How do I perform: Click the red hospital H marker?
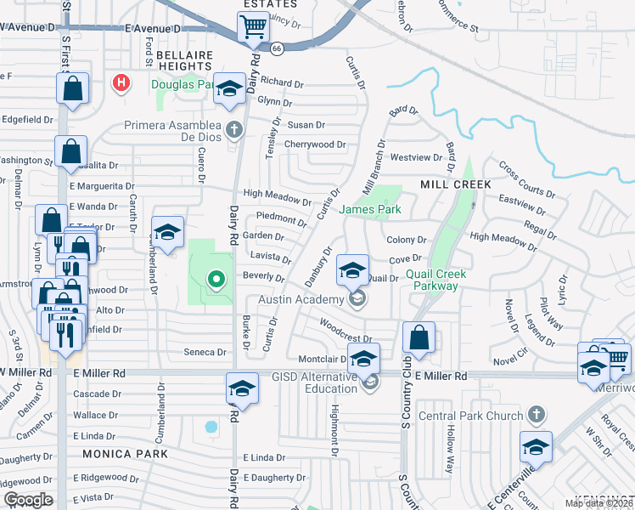click(x=121, y=83)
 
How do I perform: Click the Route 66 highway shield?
click(x=277, y=49)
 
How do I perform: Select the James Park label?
click(x=370, y=209)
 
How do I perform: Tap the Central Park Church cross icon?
click(x=534, y=415)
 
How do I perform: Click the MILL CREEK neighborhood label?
click(x=455, y=184)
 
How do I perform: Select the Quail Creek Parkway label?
click(x=443, y=280)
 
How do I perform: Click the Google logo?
click(x=29, y=500)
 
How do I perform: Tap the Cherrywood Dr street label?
click(x=316, y=144)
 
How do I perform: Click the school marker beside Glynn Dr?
click(x=228, y=88)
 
